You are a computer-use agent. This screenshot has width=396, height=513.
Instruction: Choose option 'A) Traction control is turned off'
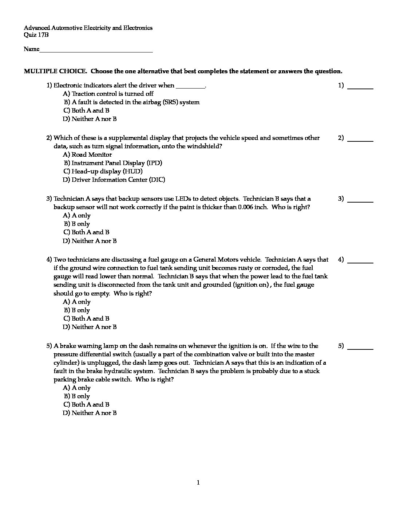pos(108,94)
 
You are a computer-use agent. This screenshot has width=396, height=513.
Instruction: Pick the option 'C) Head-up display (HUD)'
pos(103,171)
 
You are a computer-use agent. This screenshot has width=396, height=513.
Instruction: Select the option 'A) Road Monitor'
pos(87,154)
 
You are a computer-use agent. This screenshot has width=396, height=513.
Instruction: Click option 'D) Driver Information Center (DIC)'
pos(114,180)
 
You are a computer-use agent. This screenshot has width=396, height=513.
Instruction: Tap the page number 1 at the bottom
pos(198,483)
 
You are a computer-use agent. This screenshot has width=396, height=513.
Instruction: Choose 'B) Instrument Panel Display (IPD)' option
pos(113,163)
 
